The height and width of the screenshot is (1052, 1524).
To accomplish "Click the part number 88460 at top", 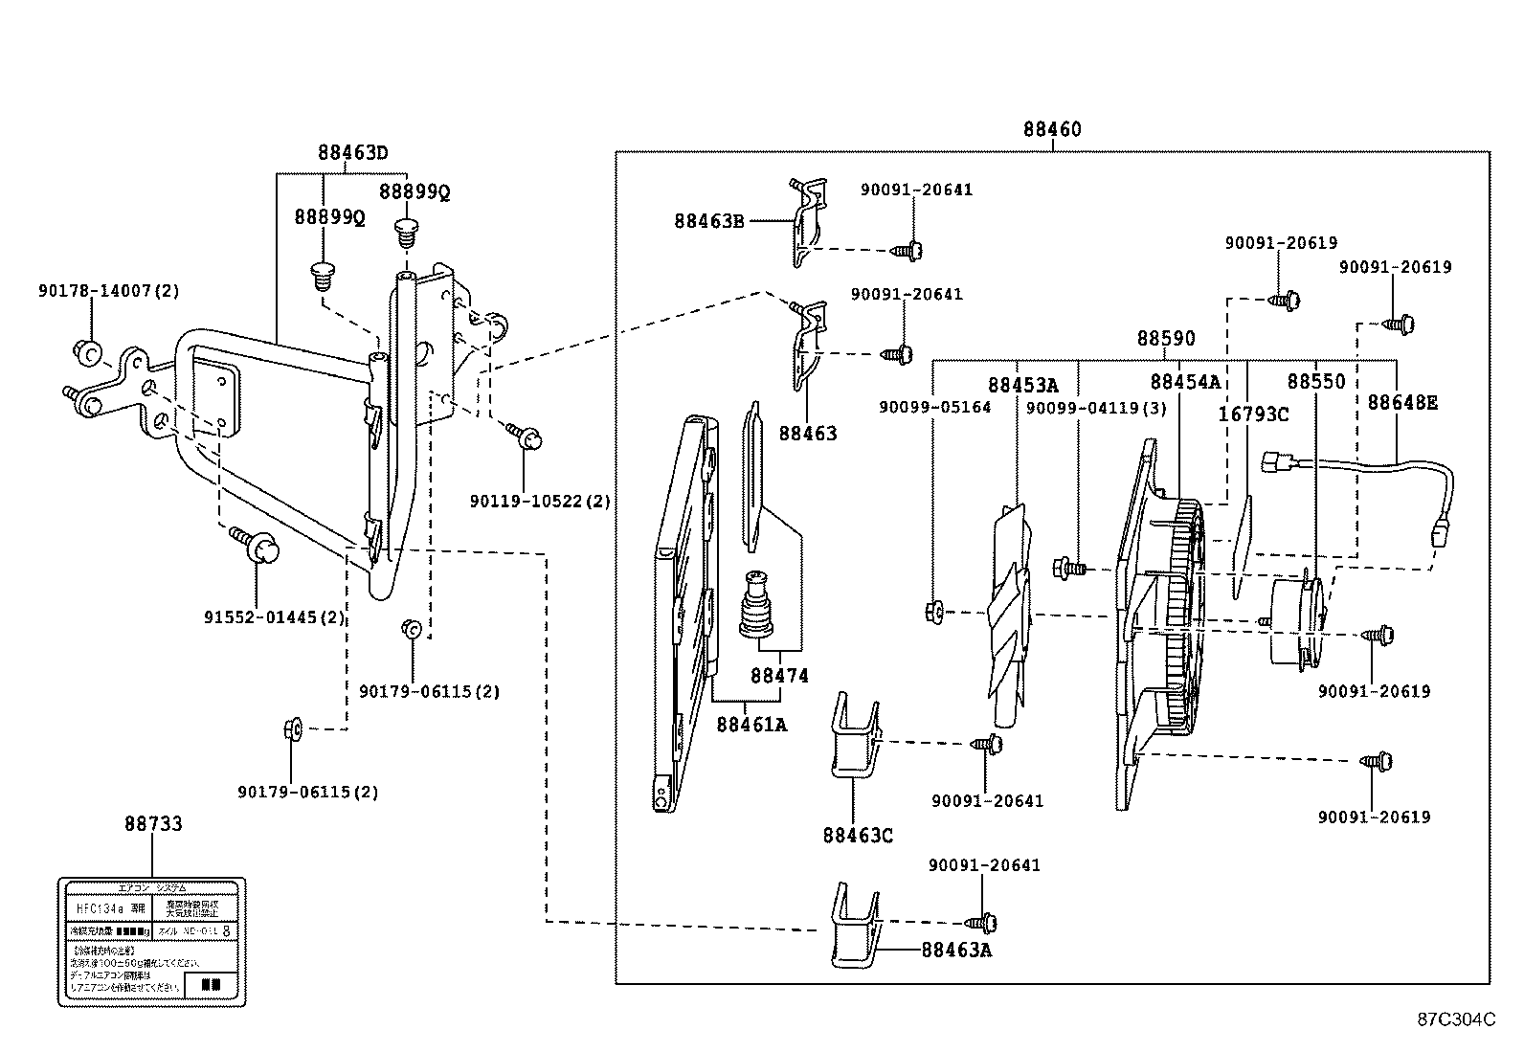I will click(1051, 129).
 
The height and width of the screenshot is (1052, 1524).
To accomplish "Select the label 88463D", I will click(353, 152).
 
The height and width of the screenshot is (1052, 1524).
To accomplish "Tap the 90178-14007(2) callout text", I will click(123, 289).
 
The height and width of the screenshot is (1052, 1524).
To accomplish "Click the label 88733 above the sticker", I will click(153, 824).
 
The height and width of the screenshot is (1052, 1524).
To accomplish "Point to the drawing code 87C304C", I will click(1456, 1019).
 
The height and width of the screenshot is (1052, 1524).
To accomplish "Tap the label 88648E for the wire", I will click(1401, 403).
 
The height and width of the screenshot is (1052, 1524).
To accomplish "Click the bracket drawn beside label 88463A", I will click(854, 927).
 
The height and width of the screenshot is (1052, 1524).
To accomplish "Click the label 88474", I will click(778, 676).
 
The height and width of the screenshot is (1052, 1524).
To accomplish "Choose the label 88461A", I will click(751, 725).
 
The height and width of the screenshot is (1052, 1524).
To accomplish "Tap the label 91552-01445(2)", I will click(274, 617).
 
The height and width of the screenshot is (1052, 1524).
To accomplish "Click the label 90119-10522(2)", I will click(540, 501).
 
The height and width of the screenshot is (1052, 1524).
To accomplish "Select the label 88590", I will click(1165, 339).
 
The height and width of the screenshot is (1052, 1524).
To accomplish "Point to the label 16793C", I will click(1253, 414).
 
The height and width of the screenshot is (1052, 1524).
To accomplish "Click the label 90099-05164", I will click(934, 408).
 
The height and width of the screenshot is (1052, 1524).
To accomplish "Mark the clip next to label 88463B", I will click(805, 222).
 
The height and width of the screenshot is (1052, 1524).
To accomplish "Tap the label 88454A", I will click(1185, 382).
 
